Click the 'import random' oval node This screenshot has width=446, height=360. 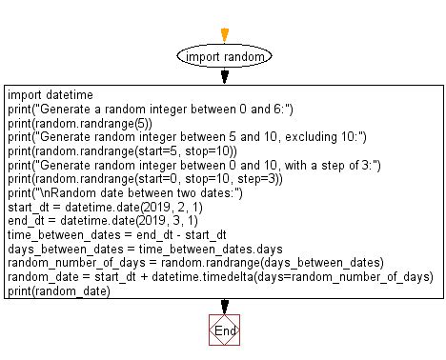pos(225,56)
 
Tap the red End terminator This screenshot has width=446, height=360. pos(225,330)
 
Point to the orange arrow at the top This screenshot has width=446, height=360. pos(225,34)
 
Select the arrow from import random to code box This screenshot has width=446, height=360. pos(225,76)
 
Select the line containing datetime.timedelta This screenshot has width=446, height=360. pos(218,277)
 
